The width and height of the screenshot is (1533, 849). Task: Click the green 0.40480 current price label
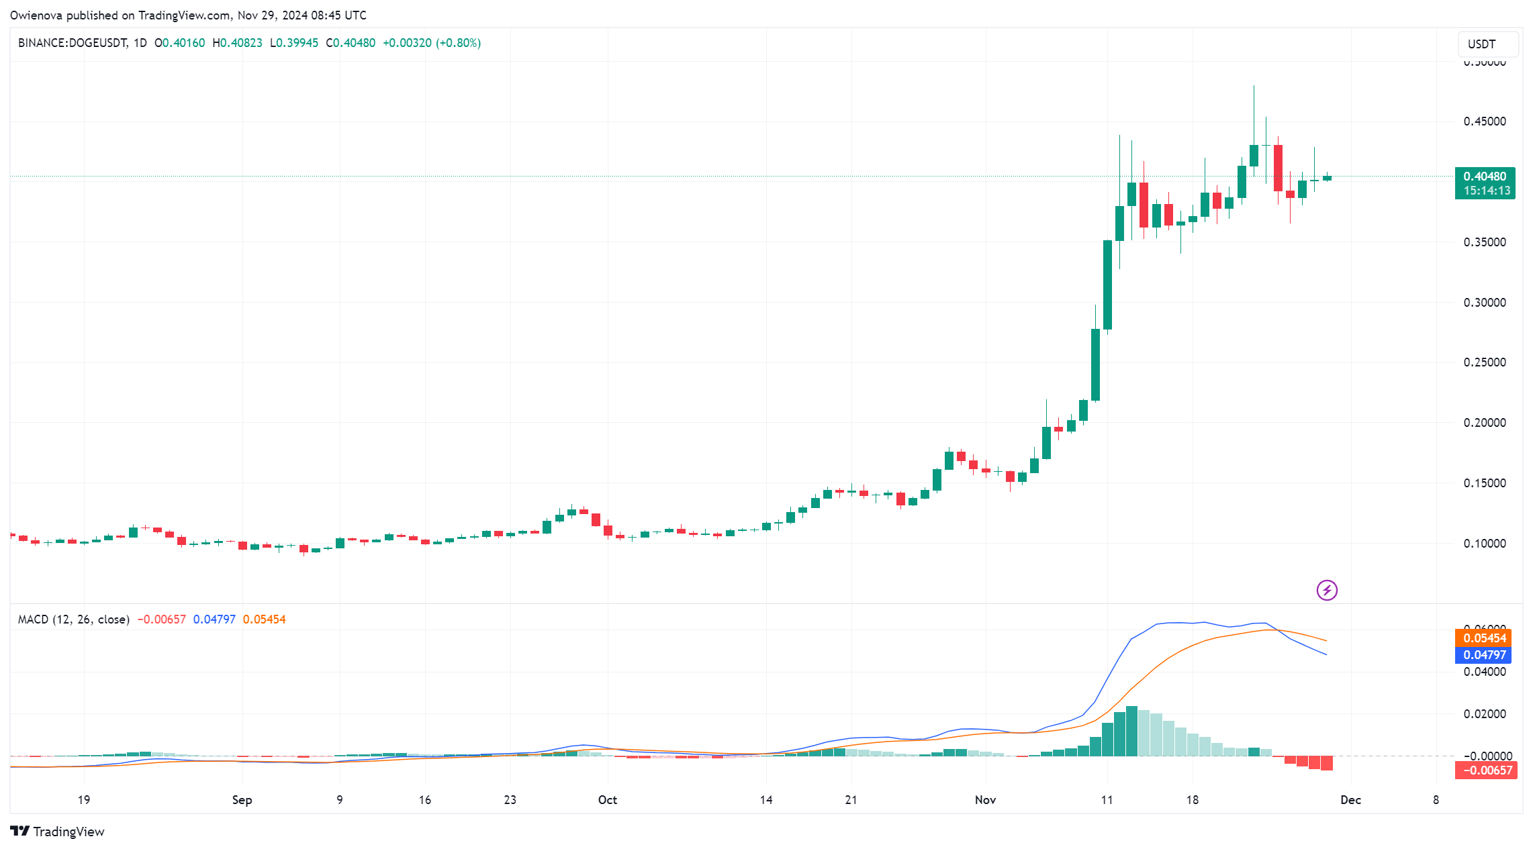(1485, 177)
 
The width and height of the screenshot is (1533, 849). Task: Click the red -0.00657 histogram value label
(1485, 770)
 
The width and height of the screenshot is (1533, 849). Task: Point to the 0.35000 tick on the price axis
(1485, 242)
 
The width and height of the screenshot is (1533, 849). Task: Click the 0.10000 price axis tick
(1485, 544)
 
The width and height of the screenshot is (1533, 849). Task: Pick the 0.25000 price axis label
(1485, 362)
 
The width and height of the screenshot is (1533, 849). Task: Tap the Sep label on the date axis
(242, 800)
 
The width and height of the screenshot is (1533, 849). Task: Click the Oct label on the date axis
(608, 800)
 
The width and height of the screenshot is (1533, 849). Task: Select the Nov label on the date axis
(985, 800)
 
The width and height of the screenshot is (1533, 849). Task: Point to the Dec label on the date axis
(1350, 800)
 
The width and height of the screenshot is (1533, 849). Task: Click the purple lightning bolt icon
(1327, 591)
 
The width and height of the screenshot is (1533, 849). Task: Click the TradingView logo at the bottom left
(58, 832)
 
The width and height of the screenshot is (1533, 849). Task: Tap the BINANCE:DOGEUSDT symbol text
(73, 43)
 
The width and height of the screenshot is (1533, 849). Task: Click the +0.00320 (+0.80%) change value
(432, 43)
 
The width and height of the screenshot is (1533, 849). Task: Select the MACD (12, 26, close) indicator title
(74, 619)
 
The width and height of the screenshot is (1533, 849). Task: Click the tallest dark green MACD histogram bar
(1131, 732)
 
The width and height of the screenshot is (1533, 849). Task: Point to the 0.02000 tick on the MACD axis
(1485, 714)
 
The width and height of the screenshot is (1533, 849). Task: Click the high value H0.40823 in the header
(237, 43)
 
